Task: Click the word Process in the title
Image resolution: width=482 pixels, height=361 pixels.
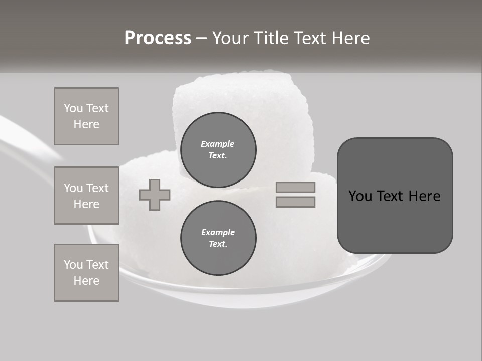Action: (x=158, y=38)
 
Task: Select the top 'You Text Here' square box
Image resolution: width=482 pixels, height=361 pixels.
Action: (x=86, y=116)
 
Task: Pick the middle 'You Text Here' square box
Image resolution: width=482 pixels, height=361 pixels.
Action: (x=86, y=196)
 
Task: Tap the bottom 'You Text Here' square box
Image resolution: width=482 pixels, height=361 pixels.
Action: (x=86, y=272)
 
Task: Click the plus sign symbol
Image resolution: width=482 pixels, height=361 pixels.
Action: (x=155, y=195)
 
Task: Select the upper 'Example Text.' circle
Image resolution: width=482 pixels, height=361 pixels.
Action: (x=218, y=150)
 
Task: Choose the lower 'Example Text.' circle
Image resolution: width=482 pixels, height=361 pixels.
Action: (x=218, y=238)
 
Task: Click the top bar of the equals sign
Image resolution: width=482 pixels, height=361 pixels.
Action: (x=295, y=187)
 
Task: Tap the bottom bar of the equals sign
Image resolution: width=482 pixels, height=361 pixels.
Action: (x=295, y=202)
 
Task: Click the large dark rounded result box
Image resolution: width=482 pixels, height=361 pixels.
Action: (x=395, y=221)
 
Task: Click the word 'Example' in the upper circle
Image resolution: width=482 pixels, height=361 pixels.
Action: (x=217, y=144)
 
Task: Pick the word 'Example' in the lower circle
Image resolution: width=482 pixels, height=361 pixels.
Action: (x=218, y=232)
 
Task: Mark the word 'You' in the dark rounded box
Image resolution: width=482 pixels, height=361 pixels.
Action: (x=360, y=196)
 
